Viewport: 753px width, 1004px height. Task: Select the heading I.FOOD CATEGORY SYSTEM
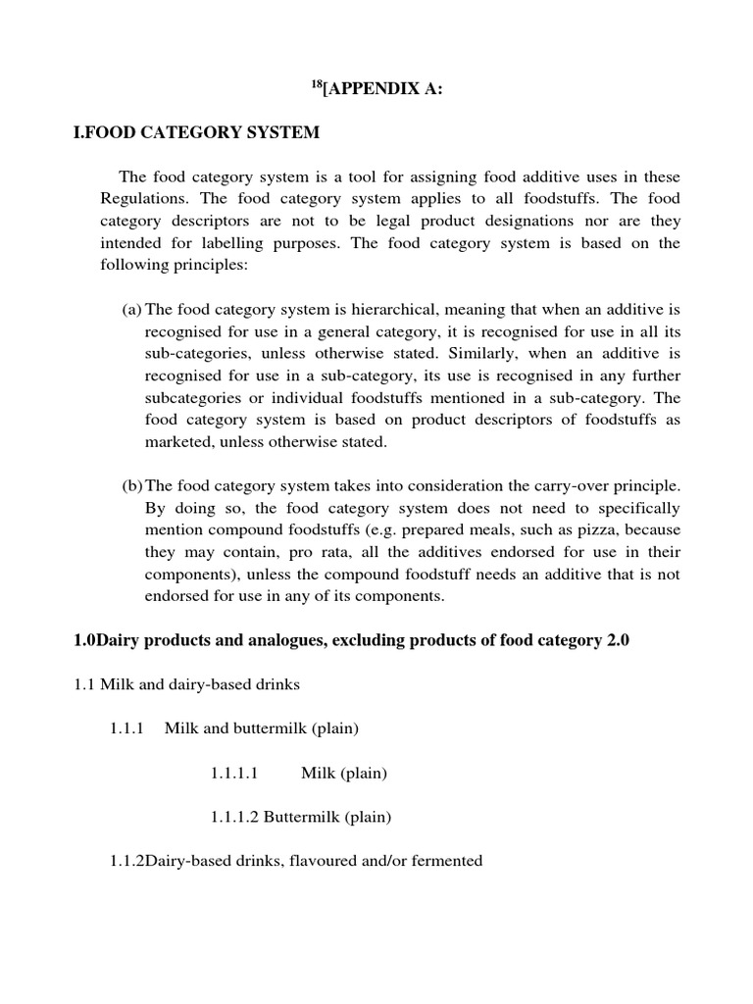click(196, 132)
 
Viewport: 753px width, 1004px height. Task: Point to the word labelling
click(308, 243)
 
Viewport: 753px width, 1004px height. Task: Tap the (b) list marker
click(131, 486)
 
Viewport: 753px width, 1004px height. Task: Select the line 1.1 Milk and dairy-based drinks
click(186, 685)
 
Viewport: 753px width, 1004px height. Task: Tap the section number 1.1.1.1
click(233, 774)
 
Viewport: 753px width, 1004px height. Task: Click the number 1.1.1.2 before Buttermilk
click(233, 817)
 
